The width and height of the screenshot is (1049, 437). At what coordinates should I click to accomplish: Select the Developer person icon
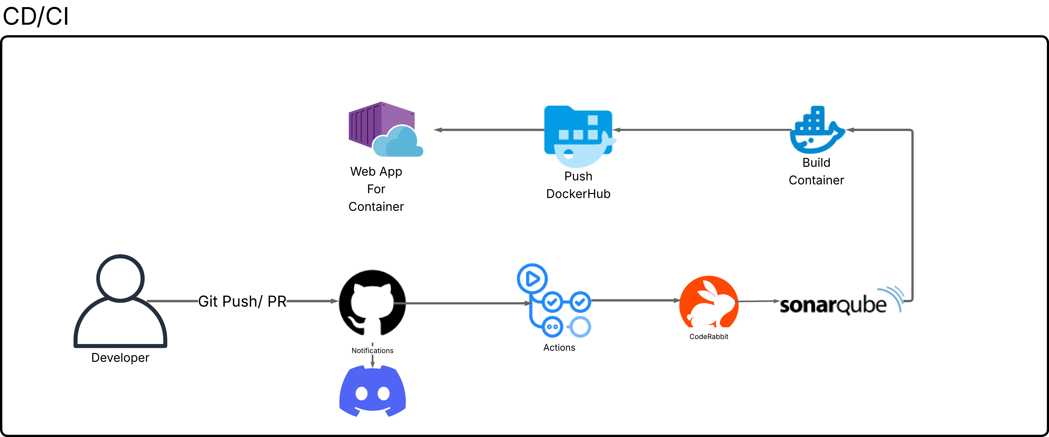[x=120, y=301]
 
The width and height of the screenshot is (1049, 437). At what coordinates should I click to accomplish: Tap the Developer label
[x=120, y=358]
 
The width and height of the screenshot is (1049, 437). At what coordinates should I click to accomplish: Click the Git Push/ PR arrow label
[x=242, y=301]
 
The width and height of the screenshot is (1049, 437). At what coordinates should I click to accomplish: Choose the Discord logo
[x=372, y=391]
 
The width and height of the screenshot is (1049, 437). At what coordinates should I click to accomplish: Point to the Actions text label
[x=559, y=347]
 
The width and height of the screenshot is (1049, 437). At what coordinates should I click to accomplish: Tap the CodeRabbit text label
[x=709, y=336]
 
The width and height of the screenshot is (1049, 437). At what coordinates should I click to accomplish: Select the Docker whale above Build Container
[x=816, y=130]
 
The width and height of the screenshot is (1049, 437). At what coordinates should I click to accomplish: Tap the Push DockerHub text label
[x=578, y=185]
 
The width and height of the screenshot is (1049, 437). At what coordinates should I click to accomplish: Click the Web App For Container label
[x=376, y=189]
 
